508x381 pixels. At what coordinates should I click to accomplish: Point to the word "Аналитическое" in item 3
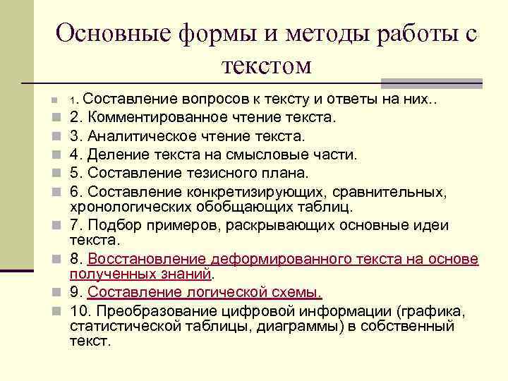coord(145,135)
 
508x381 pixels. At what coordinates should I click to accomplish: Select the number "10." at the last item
coord(80,310)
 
